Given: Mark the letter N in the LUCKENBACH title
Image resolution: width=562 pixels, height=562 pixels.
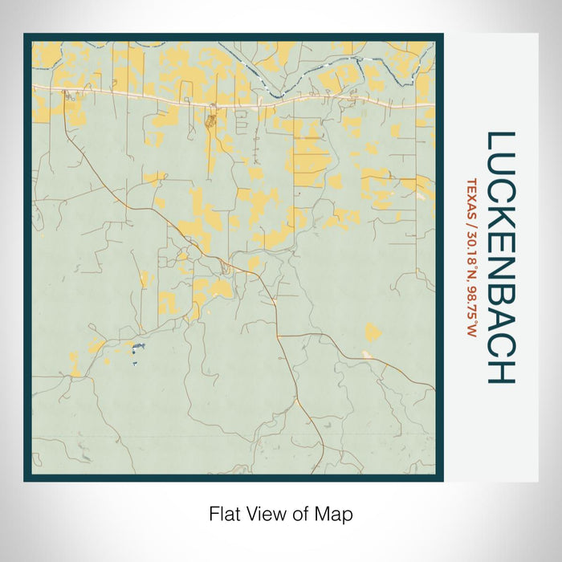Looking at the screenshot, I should pos(499,268).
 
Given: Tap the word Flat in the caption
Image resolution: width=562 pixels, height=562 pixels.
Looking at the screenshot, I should pos(224,513).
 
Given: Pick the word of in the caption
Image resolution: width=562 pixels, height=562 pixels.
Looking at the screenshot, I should pos(301,513).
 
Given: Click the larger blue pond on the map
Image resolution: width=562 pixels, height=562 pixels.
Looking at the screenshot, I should pos(138,346).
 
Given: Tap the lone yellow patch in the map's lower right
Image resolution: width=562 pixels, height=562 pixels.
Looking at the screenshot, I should pos(372,332).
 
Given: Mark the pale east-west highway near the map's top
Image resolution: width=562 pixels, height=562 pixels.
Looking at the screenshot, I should pos(241,103).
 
